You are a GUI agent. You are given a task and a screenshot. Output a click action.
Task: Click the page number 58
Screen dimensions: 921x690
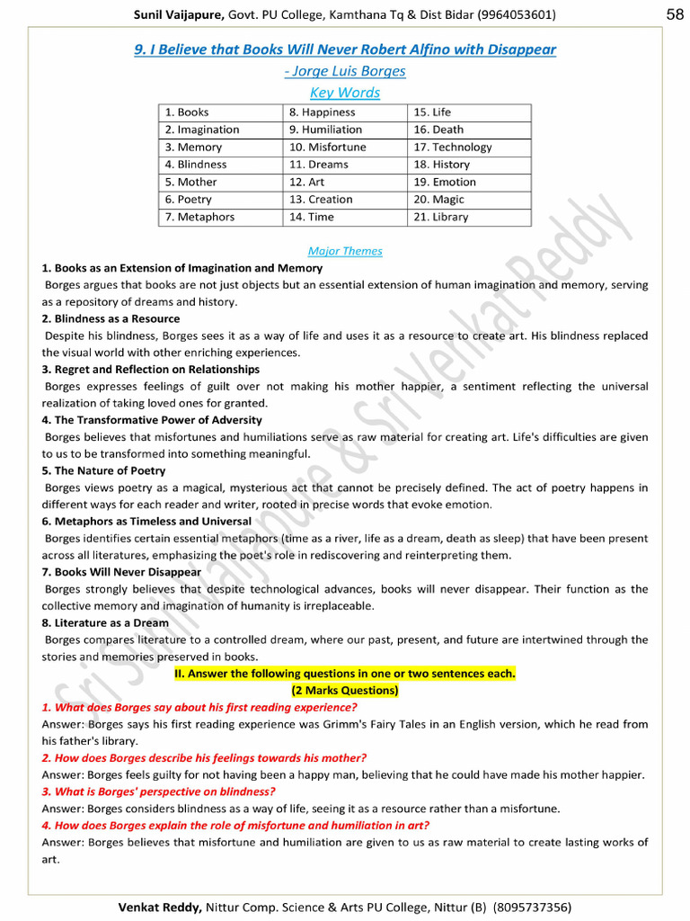click(x=675, y=13)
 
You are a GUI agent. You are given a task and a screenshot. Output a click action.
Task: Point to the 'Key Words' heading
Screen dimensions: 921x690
click(x=345, y=93)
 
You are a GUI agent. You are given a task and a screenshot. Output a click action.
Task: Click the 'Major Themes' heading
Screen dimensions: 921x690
click(x=345, y=251)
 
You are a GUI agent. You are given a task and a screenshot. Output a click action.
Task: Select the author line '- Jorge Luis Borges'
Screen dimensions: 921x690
click(x=345, y=71)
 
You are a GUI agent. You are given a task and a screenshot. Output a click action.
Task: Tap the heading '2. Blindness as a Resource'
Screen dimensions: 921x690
click(x=111, y=318)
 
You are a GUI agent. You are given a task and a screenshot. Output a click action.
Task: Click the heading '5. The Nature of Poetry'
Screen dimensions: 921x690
click(x=103, y=470)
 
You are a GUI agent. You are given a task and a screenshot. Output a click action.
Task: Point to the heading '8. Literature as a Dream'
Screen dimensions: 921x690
click(x=105, y=622)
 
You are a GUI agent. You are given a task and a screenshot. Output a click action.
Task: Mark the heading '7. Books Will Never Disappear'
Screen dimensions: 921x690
click(x=121, y=572)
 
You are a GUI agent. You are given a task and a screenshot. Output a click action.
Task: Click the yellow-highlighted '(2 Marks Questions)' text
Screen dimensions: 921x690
click(x=345, y=691)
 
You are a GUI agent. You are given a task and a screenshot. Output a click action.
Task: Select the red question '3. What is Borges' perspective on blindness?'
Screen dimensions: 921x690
click(x=158, y=791)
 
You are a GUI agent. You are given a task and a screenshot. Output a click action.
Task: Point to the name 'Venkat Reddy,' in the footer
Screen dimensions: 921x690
click(x=160, y=908)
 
